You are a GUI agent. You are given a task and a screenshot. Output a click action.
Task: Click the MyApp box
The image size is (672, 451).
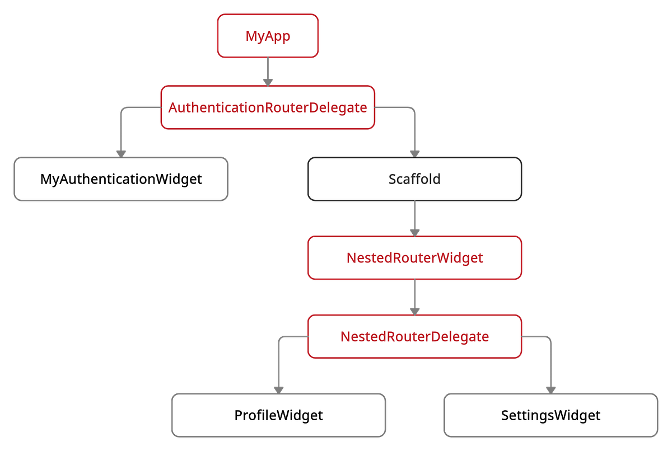point(268,36)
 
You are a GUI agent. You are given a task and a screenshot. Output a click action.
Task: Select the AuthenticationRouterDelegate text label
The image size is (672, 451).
point(268,107)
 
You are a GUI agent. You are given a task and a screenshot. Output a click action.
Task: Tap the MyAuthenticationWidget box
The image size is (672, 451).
point(121,179)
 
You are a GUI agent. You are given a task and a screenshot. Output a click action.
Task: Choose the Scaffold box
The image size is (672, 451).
point(414,179)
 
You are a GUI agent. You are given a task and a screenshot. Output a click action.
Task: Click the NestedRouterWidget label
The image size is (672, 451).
point(414,258)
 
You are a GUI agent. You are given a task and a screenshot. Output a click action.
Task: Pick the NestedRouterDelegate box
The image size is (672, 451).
point(414,337)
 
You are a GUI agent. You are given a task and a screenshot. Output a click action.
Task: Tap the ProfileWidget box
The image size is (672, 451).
point(278,416)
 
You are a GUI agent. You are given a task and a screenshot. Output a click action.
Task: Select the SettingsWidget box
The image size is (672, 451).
point(550,416)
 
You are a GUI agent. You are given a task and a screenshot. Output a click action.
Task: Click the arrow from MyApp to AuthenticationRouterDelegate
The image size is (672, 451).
point(268,71)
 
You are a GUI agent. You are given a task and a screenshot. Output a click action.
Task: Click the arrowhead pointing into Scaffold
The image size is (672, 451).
point(414,152)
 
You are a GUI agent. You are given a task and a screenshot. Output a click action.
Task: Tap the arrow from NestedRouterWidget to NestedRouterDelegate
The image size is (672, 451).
point(414,297)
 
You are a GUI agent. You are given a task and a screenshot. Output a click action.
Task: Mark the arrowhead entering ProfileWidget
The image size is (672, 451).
point(278,388)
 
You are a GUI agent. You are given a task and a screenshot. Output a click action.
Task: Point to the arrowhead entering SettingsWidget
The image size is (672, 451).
point(550,388)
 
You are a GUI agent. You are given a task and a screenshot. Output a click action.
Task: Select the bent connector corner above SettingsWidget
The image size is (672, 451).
point(549,338)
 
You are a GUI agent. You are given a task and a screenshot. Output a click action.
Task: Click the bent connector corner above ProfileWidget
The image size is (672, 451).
point(279,338)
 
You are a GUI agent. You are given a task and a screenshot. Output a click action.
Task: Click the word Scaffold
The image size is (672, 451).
point(414,179)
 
